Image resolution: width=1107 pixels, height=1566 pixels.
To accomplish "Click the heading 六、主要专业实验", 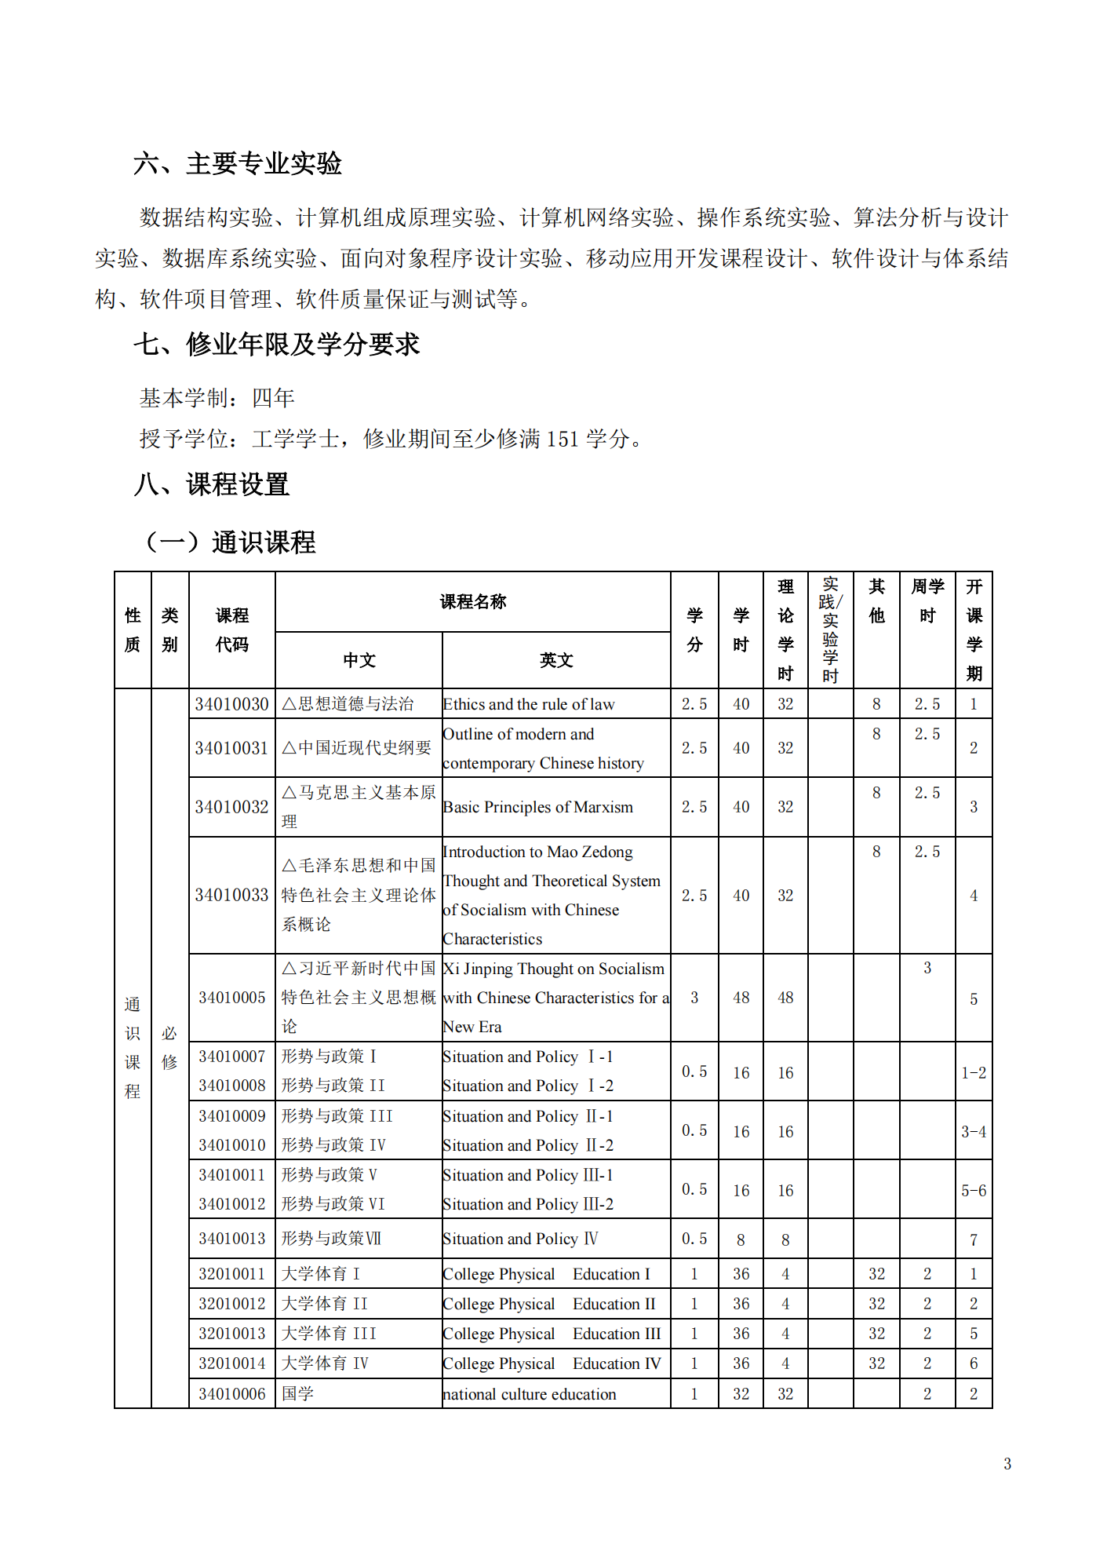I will (238, 163).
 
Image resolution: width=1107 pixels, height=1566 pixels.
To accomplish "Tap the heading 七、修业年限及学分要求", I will (277, 344).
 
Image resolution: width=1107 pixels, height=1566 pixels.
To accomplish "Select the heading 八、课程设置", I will (212, 484).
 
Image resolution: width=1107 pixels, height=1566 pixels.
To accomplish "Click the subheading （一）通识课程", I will (231, 542).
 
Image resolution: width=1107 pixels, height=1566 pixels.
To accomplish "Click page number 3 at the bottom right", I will (1007, 1463).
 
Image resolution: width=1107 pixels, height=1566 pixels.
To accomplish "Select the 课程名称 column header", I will (472, 601).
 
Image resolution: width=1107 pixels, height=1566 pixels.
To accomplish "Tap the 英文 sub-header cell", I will (556, 660).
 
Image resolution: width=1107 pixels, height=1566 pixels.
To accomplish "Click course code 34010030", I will (231, 704).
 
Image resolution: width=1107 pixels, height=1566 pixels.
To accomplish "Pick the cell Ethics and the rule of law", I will (529, 704).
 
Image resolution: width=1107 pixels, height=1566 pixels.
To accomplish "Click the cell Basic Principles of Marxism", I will (537, 807).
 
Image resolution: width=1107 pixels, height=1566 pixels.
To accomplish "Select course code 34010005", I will (231, 998).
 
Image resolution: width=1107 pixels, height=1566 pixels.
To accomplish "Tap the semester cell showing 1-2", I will (973, 1072).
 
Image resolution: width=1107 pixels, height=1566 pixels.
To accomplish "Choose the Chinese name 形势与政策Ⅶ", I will (331, 1239).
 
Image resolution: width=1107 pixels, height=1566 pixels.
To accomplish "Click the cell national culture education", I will (530, 1394).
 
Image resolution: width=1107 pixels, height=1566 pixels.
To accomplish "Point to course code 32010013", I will (231, 1334).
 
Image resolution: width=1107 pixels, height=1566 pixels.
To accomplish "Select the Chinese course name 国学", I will (297, 1394).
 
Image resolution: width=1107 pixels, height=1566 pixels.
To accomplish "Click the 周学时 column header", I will (927, 601).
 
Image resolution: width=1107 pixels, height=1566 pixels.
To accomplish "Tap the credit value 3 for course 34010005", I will (694, 998).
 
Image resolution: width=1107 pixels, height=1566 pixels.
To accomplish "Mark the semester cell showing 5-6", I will (973, 1190).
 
